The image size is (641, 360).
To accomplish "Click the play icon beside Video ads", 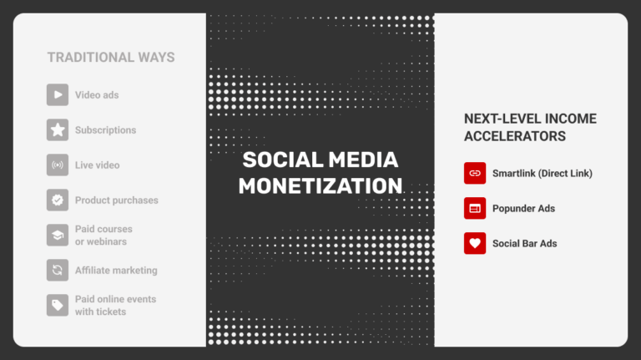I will pos(58,95).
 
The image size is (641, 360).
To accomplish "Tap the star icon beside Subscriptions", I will pos(58,130).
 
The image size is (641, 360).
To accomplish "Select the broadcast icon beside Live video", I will pos(58,165).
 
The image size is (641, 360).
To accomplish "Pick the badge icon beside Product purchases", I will pos(58,200).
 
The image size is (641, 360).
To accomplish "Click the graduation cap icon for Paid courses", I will pos(58,236).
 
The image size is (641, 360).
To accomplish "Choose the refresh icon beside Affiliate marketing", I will pos(58,271).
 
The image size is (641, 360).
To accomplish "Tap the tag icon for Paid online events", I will pos(58,306).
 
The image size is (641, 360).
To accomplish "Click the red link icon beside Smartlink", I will pos(475,173).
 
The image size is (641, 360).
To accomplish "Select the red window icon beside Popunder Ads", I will pos(475,208).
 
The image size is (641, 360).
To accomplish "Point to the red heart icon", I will pos(475,243).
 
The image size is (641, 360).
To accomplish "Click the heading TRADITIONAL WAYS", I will pos(111,58).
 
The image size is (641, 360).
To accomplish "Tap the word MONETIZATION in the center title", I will pos(320,185).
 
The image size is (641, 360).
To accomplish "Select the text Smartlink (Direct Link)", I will pos(542,173).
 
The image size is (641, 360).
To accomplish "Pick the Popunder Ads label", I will pos(523,208).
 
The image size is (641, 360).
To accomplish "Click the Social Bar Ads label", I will pos(524,243).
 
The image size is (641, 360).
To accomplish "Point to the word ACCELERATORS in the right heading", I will pos(515,136).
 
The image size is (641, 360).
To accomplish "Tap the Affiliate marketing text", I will pos(116,271).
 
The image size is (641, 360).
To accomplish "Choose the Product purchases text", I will pos(116,200).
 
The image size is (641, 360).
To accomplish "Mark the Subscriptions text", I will pos(105,130).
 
